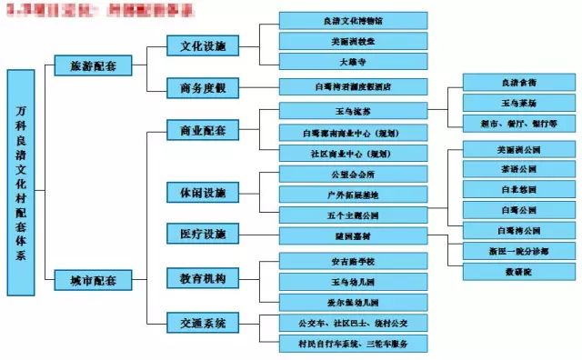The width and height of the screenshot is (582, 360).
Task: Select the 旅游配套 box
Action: coord(93,65)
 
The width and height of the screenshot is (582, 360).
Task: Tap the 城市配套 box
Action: coord(93,280)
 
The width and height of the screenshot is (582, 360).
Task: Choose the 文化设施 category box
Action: coord(203,45)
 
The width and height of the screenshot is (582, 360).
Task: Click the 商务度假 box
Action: coord(203,87)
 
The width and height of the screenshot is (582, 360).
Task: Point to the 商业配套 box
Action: coord(203,130)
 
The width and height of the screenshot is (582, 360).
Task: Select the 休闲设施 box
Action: coord(203,193)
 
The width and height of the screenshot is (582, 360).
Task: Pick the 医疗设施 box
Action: coord(203,234)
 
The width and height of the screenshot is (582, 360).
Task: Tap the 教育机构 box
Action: coord(203,277)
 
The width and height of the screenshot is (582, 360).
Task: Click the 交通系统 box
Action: coord(203,322)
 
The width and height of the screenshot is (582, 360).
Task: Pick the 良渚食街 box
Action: coord(519,82)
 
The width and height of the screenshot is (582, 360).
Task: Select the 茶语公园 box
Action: coord(519,168)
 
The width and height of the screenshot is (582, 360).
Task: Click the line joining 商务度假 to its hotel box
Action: coord(258,87)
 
